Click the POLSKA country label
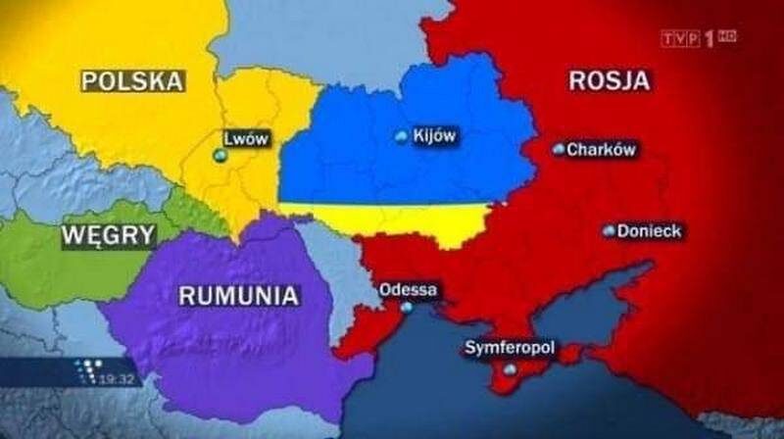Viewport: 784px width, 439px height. tap(133, 81)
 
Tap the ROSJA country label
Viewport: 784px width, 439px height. tap(609, 81)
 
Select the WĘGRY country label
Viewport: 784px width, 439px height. tap(108, 235)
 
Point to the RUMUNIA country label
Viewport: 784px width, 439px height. tap(238, 295)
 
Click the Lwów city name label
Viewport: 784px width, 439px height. tap(246, 138)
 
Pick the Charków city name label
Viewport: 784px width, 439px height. tap(602, 150)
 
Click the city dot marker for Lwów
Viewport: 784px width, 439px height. tap(220, 156)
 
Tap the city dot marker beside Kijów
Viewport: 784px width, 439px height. tap(401, 138)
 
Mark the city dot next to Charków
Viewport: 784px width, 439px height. tap(559, 150)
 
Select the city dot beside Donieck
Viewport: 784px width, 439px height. tap(610, 231)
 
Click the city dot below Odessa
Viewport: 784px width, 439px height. tap(407, 308)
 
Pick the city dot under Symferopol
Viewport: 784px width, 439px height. tap(509, 369)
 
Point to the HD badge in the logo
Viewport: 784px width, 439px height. tap(727, 36)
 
